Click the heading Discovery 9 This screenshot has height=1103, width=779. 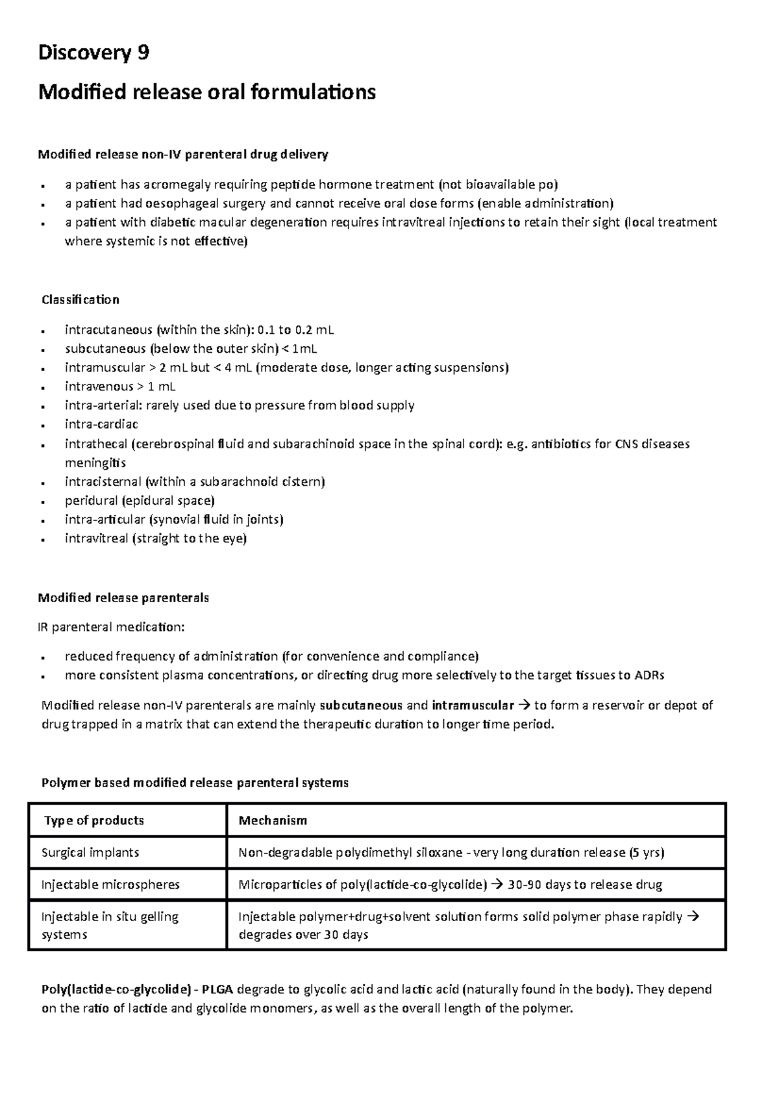(x=93, y=53)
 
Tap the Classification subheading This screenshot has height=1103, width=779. (x=80, y=300)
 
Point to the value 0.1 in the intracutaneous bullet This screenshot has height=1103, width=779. (x=266, y=330)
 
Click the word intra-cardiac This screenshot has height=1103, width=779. (x=101, y=425)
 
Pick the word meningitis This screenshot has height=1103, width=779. (x=95, y=463)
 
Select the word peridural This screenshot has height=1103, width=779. (x=90, y=501)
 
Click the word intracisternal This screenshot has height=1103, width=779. (x=103, y=482)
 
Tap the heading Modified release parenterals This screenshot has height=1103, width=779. (x=123, y=598)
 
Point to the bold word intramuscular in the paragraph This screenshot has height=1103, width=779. (x=473, y=705)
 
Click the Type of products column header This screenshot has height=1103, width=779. (x=93, y=821)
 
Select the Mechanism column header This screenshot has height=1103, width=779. (x=273, y=821)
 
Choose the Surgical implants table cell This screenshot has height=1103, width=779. (x=90, y=852)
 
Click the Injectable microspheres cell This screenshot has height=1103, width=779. (x=110, y=885)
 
